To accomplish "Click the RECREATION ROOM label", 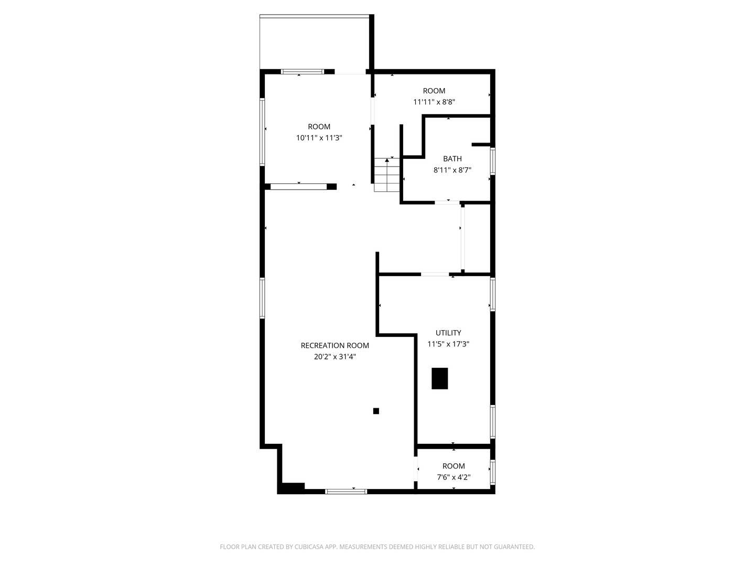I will [x=335, y=345].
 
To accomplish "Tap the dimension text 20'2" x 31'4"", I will [x=335, y=357].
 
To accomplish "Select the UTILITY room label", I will [x=448, y=333].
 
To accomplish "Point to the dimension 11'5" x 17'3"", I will [x=448, y=344].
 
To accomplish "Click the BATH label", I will [x=452, y=159].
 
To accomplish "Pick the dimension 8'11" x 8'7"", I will [x=452, y=170].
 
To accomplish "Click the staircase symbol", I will [x=387, y=175].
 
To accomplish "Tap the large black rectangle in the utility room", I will [x=439, y=378].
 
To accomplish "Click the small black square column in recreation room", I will [x=376, y=411].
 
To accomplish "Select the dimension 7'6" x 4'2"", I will [x=454, y=477].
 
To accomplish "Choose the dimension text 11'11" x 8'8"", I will [x=434, y=102].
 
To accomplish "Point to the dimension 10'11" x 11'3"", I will [x=319, y=138].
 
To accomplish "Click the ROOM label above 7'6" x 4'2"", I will [x=454, y=466].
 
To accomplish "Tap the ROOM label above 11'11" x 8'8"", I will [x=434, y=91].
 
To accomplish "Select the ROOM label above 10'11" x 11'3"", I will [x=319, y=126].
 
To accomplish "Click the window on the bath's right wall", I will [x=492, y=161].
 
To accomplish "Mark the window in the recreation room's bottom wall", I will [x=346, y=491].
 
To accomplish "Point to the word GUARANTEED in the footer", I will [x=513, y=547].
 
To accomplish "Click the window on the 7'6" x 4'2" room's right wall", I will [x=492, y=472].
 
